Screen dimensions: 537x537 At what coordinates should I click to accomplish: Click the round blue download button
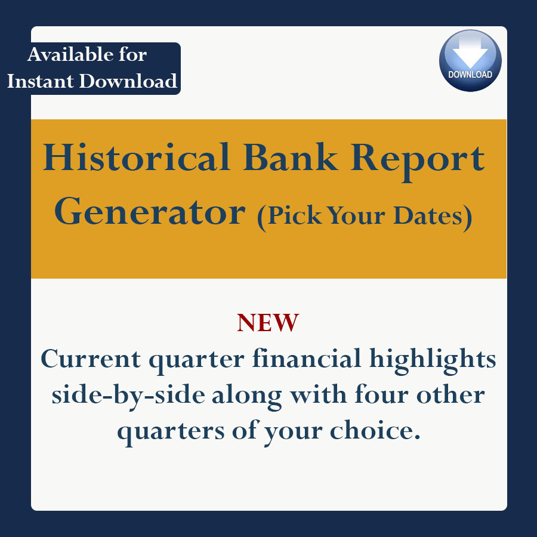point(470,61)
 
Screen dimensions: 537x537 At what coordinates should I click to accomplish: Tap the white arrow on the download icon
point(470,52)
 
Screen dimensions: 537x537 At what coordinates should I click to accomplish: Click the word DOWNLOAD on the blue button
point(470,75)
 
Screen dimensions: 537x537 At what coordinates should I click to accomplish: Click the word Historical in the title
point(136,157)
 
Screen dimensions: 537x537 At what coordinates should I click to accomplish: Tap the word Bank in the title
point(291,157)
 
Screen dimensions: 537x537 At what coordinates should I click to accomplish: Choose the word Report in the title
point(418,161)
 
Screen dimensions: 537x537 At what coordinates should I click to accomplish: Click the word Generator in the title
point(150,211)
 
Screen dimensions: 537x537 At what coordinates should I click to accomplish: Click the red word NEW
point(268,323)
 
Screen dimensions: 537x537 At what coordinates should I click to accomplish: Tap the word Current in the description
point(91,359)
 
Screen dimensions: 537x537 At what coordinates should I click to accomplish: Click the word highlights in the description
point(433,361)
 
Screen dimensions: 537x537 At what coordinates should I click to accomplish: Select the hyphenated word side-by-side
point(128,396)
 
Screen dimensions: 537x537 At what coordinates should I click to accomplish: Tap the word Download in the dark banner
point(128,81)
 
